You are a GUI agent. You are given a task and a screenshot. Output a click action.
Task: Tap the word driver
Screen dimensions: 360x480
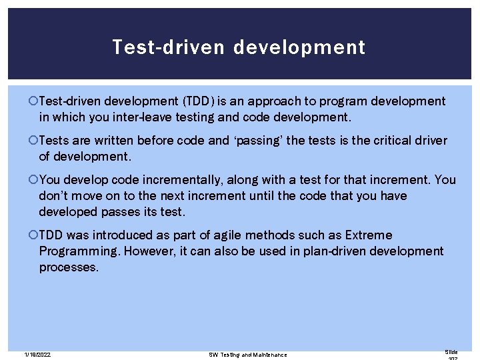433,141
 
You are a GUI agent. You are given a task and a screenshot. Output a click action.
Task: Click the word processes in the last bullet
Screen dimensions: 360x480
69,267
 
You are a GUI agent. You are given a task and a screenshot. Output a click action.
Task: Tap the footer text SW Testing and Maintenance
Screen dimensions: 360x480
247,355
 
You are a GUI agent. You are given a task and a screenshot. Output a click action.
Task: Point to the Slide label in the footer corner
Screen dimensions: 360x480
451,352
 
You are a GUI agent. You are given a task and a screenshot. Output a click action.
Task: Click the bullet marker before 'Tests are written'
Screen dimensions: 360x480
34,141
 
